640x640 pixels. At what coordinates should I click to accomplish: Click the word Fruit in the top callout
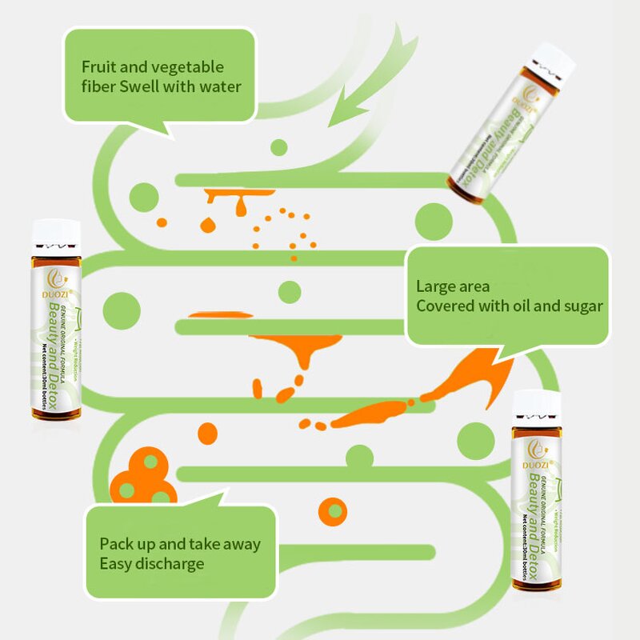(101, 67)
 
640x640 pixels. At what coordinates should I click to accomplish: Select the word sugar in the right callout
(578, 306)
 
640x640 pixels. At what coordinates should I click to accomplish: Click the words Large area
(453, 286)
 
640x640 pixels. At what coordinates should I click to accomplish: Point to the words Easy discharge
(152, 563)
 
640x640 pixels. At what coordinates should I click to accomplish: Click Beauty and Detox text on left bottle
(57, 356)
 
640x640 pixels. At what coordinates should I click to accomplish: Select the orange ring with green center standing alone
(332, 509)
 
